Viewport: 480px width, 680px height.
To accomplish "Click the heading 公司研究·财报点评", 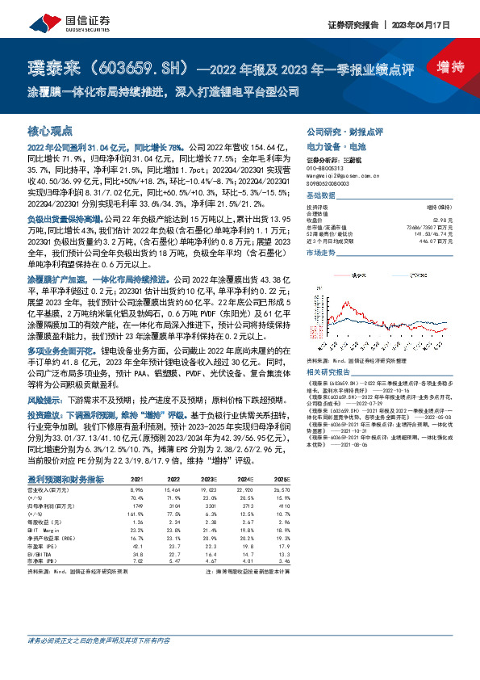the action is [345, 131].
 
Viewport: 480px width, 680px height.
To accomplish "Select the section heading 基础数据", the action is [321, 196].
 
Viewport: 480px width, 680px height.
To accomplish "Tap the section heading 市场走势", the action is [321, 254].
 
